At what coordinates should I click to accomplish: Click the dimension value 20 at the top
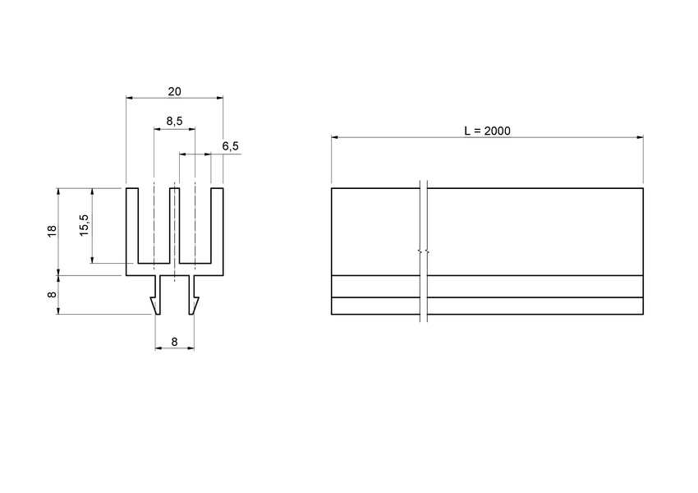pos(174,91)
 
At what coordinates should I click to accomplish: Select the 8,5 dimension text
pos(174,122)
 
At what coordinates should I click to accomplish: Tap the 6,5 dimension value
pos(231,146)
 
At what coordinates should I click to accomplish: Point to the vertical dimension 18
pos(52,231)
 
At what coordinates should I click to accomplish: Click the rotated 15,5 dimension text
pos(85,224)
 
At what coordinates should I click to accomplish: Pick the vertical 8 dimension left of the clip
pos(52,294)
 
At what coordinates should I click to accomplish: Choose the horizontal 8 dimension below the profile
pos(174,340)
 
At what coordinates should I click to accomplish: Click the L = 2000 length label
pos(487,131)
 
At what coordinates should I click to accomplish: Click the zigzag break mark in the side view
pos(420,251)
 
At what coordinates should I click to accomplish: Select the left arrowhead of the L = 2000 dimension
pos(335,137)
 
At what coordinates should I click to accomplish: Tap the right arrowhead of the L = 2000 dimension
pos(640,137)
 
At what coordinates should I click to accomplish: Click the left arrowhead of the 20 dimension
pos(130,98)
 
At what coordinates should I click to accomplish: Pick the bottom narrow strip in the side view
pos(534,306)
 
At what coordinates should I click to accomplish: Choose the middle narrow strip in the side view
pos(534,286)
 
